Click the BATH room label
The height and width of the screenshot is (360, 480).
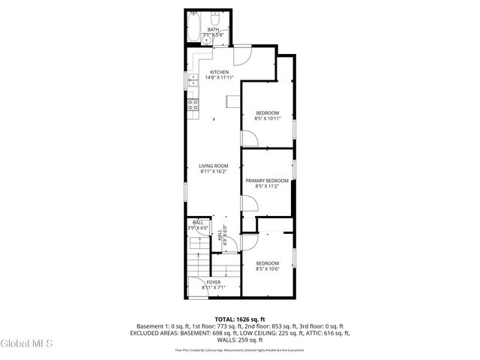point(203,30)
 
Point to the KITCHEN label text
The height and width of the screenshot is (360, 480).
point(219,72)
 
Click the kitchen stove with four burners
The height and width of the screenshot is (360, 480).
point(192,105)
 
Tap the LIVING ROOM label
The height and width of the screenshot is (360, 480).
point(213,166)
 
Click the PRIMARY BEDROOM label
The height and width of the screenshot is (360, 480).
point(267,181)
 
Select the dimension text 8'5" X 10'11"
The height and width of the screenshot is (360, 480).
point(267,118)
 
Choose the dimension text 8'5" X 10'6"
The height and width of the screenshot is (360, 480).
point(267,268)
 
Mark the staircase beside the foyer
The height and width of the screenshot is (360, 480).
point(199,262)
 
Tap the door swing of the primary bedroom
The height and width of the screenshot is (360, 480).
point(247,203)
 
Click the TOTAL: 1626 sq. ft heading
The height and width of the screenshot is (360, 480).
point(239,319)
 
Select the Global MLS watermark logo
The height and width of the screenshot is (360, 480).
point(27,344)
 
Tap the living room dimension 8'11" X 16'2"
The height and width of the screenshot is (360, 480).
point(213,172)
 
